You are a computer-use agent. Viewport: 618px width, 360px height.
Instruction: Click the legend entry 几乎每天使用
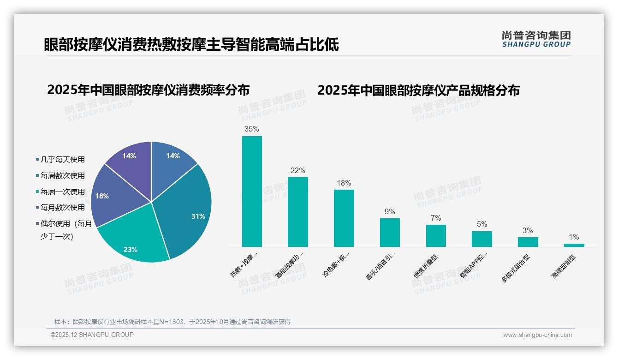pos(62,160)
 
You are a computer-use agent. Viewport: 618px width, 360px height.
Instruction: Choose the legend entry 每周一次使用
pos(62,192)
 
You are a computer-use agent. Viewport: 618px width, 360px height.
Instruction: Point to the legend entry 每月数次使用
pos(62,207)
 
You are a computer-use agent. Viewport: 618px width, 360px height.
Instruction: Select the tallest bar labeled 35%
pos(252,192)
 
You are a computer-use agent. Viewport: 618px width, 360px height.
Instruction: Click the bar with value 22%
pos(297,212)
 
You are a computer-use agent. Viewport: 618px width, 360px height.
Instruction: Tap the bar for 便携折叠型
pos(436,236)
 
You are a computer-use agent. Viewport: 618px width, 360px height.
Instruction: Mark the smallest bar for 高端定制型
pos(574,245)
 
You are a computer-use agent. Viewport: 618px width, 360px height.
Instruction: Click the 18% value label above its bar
pos(344,183)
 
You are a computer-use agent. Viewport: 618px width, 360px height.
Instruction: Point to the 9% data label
pos(390,212)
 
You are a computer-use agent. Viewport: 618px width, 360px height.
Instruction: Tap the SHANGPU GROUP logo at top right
pos(536,39)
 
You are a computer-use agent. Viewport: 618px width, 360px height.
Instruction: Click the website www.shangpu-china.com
pos(537,335)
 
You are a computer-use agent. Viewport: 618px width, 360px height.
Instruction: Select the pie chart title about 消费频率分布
pos(148,90)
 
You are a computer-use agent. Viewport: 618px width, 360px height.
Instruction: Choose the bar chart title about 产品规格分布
pos(418,90)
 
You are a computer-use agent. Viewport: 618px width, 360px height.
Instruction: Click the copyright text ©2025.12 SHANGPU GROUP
pos(92,335)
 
